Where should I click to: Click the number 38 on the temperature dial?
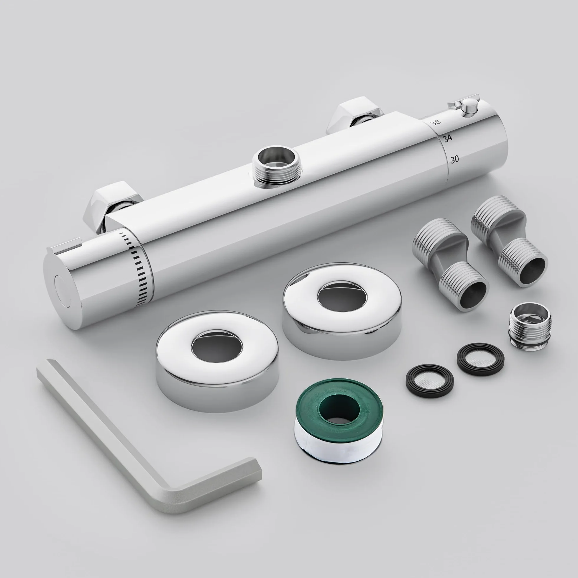pos(436,122)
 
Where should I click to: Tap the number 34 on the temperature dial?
pos(448,139)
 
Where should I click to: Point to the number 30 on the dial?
pos(454,160)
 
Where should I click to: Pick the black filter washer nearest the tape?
pos(430,381)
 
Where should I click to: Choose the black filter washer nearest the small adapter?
pos(480,359)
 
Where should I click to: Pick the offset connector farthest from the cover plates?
pos(509,239)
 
